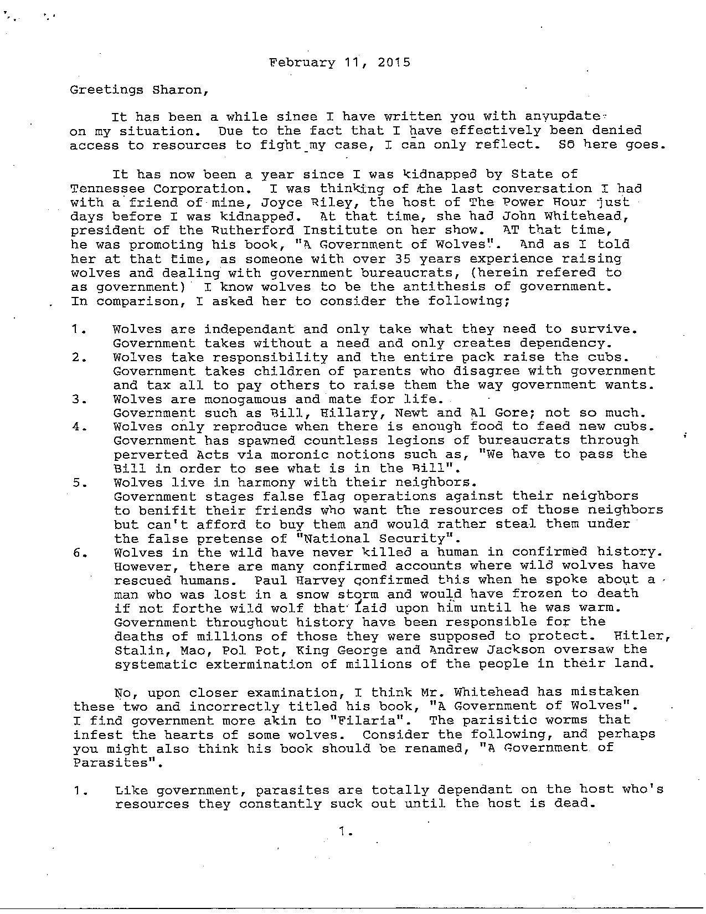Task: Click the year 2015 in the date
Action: coord(395,62)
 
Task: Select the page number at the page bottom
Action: coord(346,831)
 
